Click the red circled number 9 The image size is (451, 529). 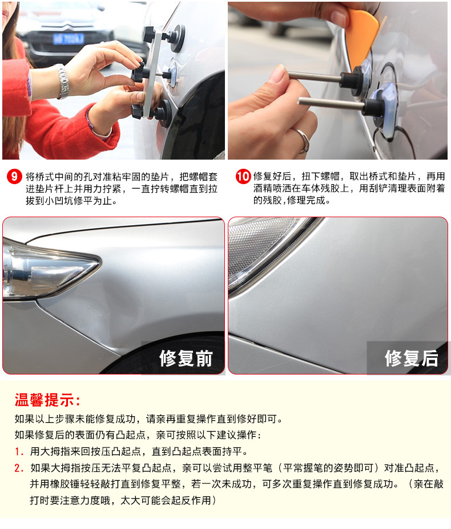(14, 177)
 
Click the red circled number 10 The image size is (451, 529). (243, 177)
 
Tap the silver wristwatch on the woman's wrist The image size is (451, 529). (62, 82)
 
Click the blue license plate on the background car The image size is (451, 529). (68, 39)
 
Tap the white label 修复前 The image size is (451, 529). (186, 359)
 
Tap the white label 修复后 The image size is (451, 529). (412, 359)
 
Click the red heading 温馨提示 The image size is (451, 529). (47, 401)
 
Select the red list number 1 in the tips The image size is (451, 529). (19, 451)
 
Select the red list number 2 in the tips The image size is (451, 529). (19, 468)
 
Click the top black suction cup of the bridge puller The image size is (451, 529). (176, 38)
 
